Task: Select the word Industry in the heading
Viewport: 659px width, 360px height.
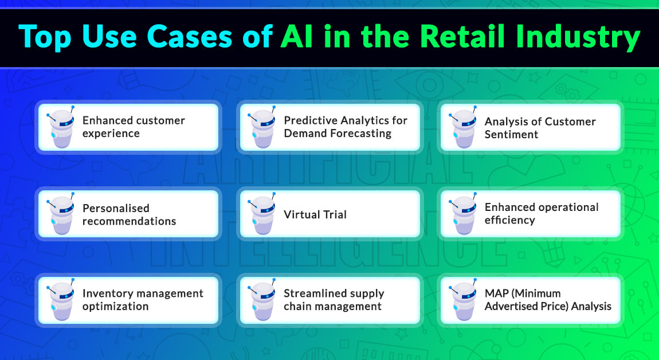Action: [x=590, y=37]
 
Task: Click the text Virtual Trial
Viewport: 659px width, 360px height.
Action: [x=315, y=215]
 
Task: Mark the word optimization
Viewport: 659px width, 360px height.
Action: [x=115, y=307]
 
